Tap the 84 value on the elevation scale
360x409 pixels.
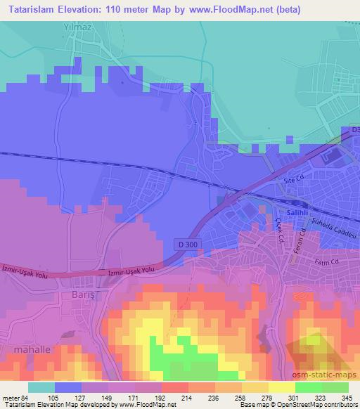coord(22,398)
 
